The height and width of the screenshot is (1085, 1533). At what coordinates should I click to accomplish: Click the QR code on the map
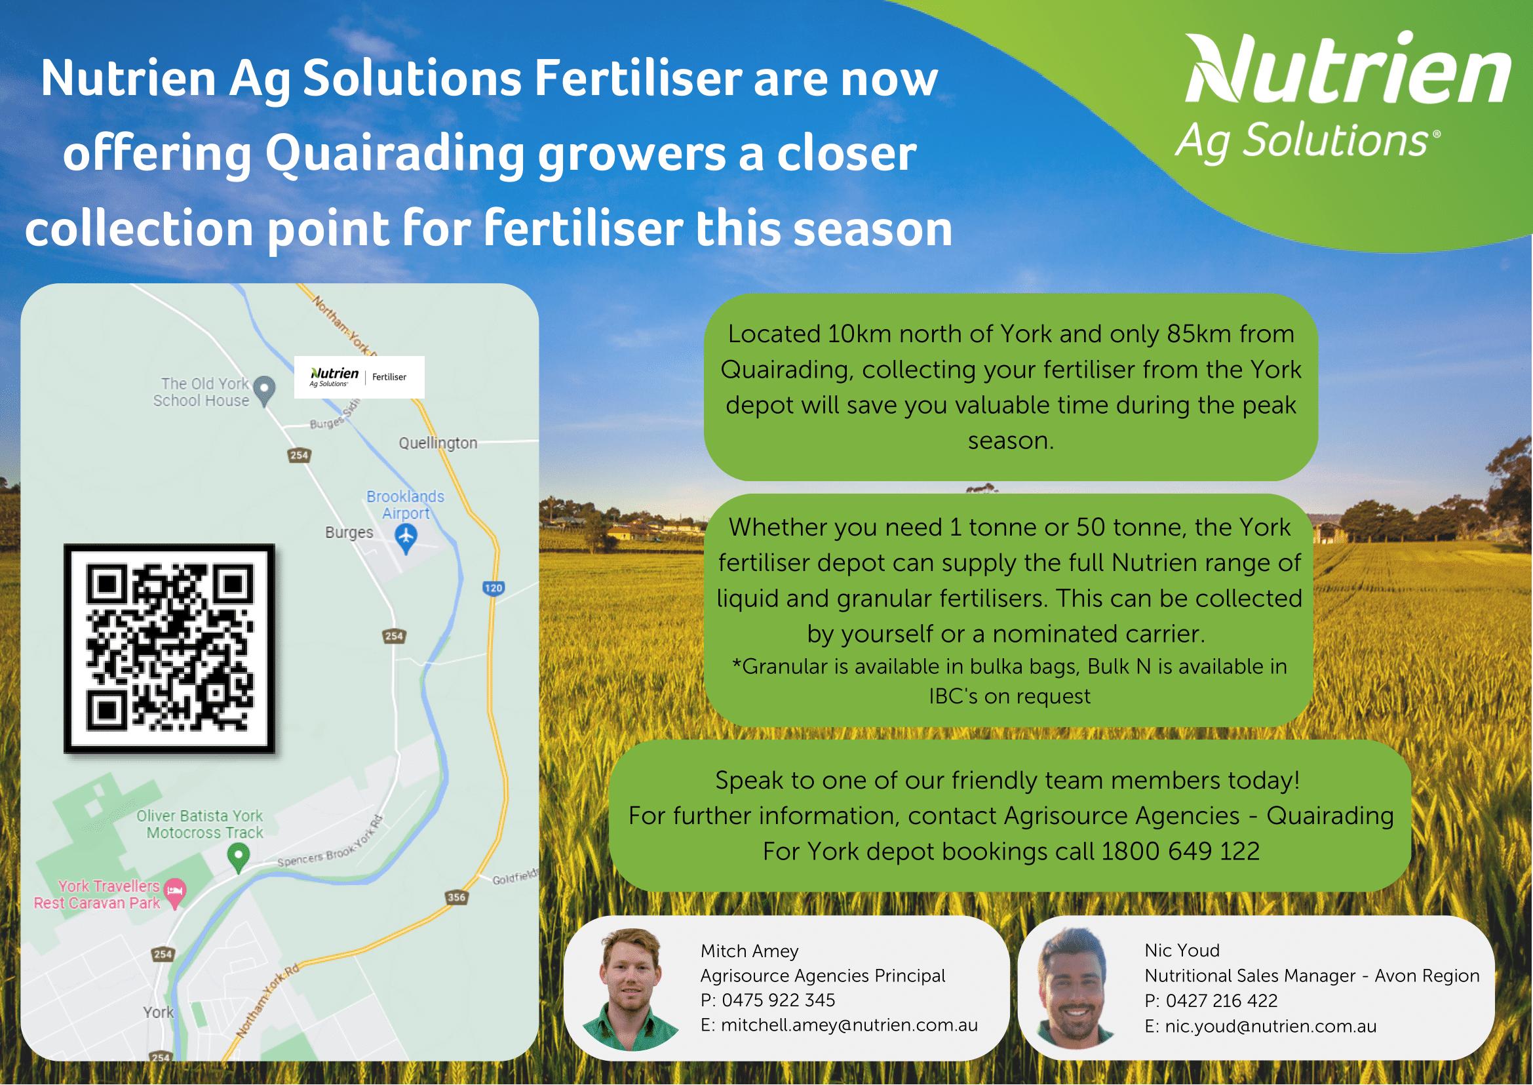click(x=169, y=648)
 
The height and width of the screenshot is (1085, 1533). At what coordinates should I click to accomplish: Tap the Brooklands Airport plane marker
click(x=406, y=538)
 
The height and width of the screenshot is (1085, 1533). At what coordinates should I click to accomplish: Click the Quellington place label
click(x=438, y=443)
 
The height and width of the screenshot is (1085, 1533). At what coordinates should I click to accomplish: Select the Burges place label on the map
click(x=349, y=532)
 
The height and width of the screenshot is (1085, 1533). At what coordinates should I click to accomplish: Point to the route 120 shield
click(x=493, y=588)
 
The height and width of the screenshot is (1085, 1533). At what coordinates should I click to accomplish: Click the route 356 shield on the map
click(x=456, y=898)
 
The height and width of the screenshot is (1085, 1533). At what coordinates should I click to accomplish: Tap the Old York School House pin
click(x=266, y=391)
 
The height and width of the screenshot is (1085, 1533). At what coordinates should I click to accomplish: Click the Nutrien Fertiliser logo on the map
click(x=359, y=377)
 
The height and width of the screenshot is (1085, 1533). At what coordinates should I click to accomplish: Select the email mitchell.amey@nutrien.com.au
click(x=849, y=1025)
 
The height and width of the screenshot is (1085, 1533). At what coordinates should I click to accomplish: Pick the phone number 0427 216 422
click(x=1222, y=1001)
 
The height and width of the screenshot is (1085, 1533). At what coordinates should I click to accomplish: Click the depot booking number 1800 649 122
click(x=1180, y=851)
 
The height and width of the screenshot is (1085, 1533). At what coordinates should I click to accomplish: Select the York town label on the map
click(x=159, y=1012)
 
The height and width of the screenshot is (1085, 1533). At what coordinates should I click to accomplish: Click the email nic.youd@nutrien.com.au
click(x=1270, y=1026)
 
